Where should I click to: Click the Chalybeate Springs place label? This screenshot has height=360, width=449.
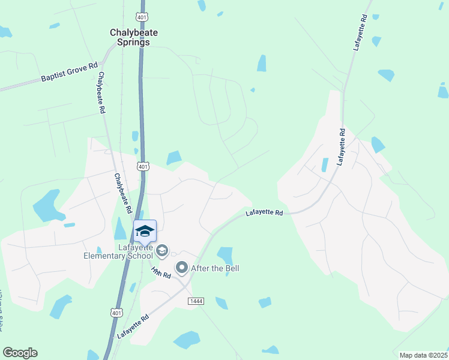tap(129, 38)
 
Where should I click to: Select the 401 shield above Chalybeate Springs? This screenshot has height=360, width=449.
tap(141, 17)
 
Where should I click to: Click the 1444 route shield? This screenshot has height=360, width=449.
tap(194, 300)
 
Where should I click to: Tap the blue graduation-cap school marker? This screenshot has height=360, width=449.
tap(145, 231)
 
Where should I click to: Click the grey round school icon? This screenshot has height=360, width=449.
tap(161, 250)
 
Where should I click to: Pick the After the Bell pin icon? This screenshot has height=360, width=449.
tap(181, 268)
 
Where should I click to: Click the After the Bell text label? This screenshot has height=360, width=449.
tap(215, 268)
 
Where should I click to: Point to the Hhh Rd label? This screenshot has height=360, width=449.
tap(161, 272)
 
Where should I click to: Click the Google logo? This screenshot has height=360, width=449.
tap(20, 353)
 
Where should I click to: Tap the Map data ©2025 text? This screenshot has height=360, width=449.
tap(423, 355)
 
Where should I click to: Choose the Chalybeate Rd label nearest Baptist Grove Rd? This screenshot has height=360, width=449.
tap(101, 93)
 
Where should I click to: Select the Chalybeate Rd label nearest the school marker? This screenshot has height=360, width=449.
tap(123, 194)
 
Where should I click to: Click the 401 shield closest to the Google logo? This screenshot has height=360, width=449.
tap(116, 312)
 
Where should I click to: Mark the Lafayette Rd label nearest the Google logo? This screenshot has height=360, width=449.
tap(133, 328)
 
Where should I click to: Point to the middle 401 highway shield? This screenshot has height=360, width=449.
tap(142, 166)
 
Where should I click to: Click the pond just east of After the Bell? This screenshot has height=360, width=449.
tap(225, 254)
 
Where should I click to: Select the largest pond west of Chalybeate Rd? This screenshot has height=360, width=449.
tap(47, 206)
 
